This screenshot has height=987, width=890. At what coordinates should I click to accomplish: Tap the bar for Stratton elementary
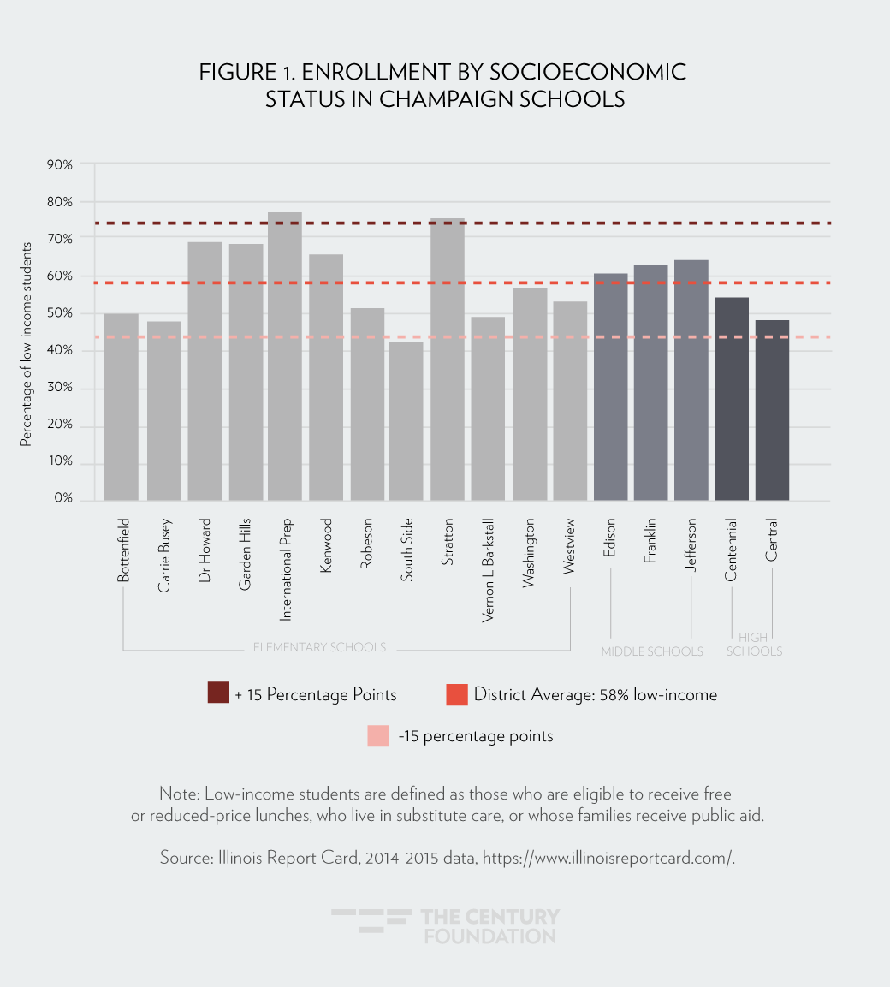click(447, 360)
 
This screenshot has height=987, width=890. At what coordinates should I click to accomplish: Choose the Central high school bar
click(772, 410)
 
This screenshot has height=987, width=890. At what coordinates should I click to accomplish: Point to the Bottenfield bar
click(122, 407)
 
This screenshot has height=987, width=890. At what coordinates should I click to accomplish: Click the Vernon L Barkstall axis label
click(489, 569)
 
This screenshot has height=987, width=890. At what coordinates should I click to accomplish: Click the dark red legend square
click(218, 693)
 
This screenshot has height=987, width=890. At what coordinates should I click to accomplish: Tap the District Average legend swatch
click(457, 694)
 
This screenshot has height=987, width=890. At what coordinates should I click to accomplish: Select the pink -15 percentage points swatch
click(377, 736)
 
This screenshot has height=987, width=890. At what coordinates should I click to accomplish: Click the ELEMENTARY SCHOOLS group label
click(319, 647)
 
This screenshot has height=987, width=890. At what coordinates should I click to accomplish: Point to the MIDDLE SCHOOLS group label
click(652, 652)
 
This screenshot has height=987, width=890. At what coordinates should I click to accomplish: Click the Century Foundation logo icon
click(370, 920)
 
